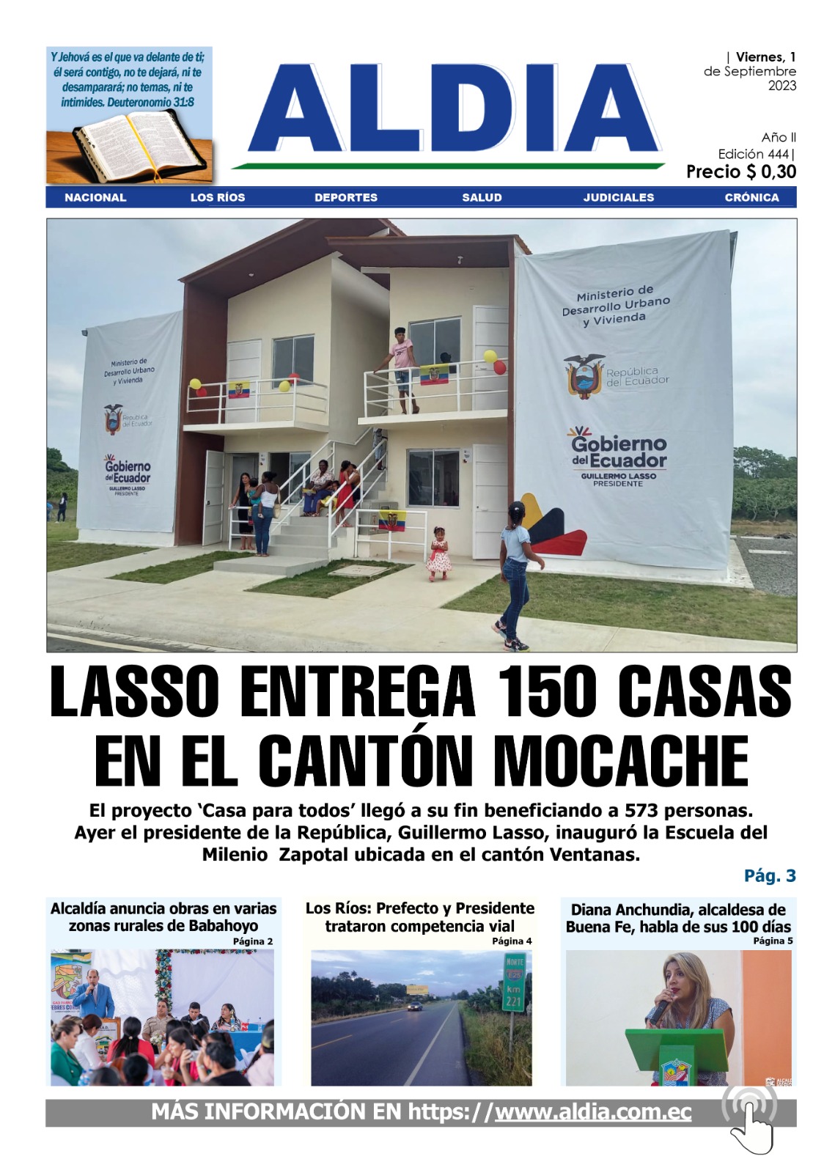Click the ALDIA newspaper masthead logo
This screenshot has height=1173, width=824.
[455, 110]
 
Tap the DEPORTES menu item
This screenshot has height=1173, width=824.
[346, 197]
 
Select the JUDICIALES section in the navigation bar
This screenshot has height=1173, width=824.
[618, 197]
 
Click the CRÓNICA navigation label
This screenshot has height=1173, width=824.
[751, 197]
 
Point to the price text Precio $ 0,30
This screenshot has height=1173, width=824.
[740, 172]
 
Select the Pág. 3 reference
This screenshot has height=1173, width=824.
[769, 875]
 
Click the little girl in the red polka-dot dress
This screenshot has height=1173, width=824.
[439, 554]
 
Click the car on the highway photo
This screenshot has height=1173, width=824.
[415, 1007]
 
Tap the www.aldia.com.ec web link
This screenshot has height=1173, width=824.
[593, 1112]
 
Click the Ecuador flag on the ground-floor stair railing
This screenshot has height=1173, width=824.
[391, 521]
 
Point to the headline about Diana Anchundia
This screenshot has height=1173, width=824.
[677, 918]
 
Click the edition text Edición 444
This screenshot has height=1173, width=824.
[755, 154]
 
